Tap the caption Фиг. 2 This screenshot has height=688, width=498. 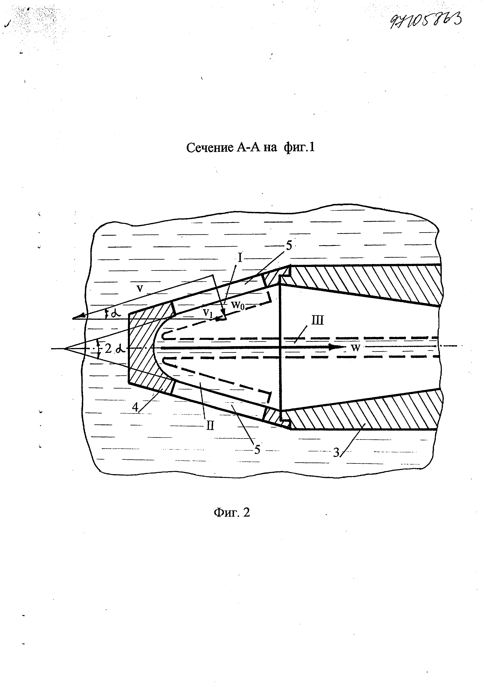(x=232, y=512)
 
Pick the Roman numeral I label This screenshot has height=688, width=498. (x=240, y=258)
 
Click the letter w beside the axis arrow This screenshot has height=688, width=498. (x=356, y=348)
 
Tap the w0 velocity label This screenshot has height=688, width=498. (x=238, y=304)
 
